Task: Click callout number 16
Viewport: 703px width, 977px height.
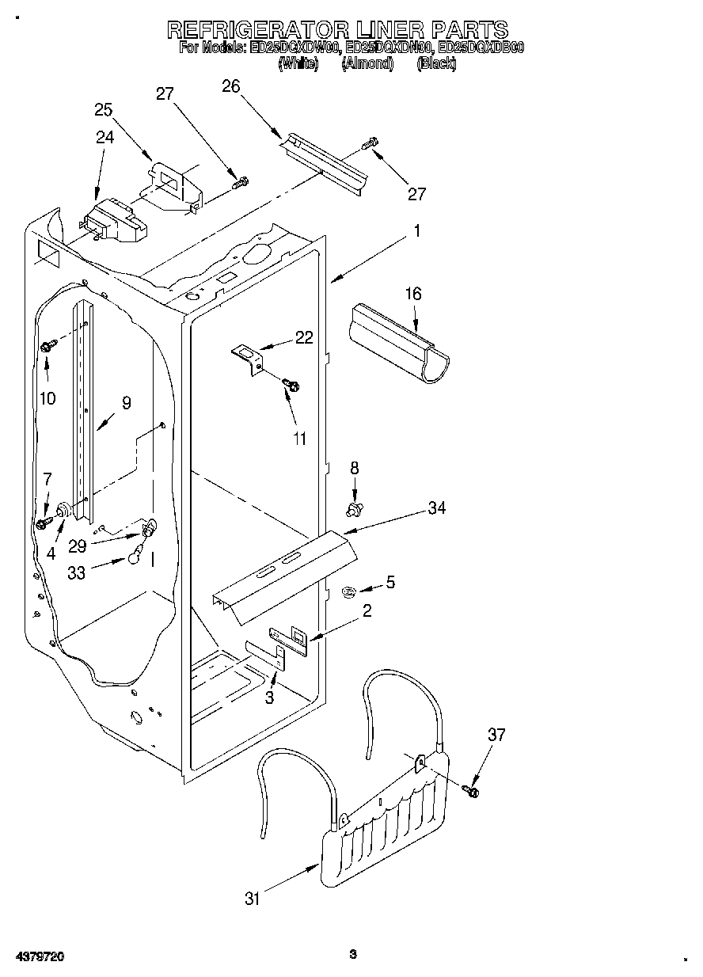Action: [x=413, y=294]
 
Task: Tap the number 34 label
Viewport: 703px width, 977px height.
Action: [x=436, y=508]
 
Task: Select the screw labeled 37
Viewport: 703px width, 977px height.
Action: [x=473, y=790]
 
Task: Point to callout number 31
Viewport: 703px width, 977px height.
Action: [x=253, y=898]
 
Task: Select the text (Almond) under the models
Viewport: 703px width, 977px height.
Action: [x=367, y=64]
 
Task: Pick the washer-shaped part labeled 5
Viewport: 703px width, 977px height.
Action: [x=348, y=590]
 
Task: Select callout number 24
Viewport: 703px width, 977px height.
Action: [x=104, y=137]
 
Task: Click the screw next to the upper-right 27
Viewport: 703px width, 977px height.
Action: [x=370, y=144]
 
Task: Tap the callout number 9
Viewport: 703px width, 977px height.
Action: [x=125, y=402]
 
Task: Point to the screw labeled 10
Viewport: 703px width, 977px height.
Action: [x=47, y=345]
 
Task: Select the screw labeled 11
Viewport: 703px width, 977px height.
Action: [x=291, y=385]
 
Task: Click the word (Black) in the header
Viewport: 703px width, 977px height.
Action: [x=435, y=64]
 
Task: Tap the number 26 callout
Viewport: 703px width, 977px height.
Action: [x=230, y=86]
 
